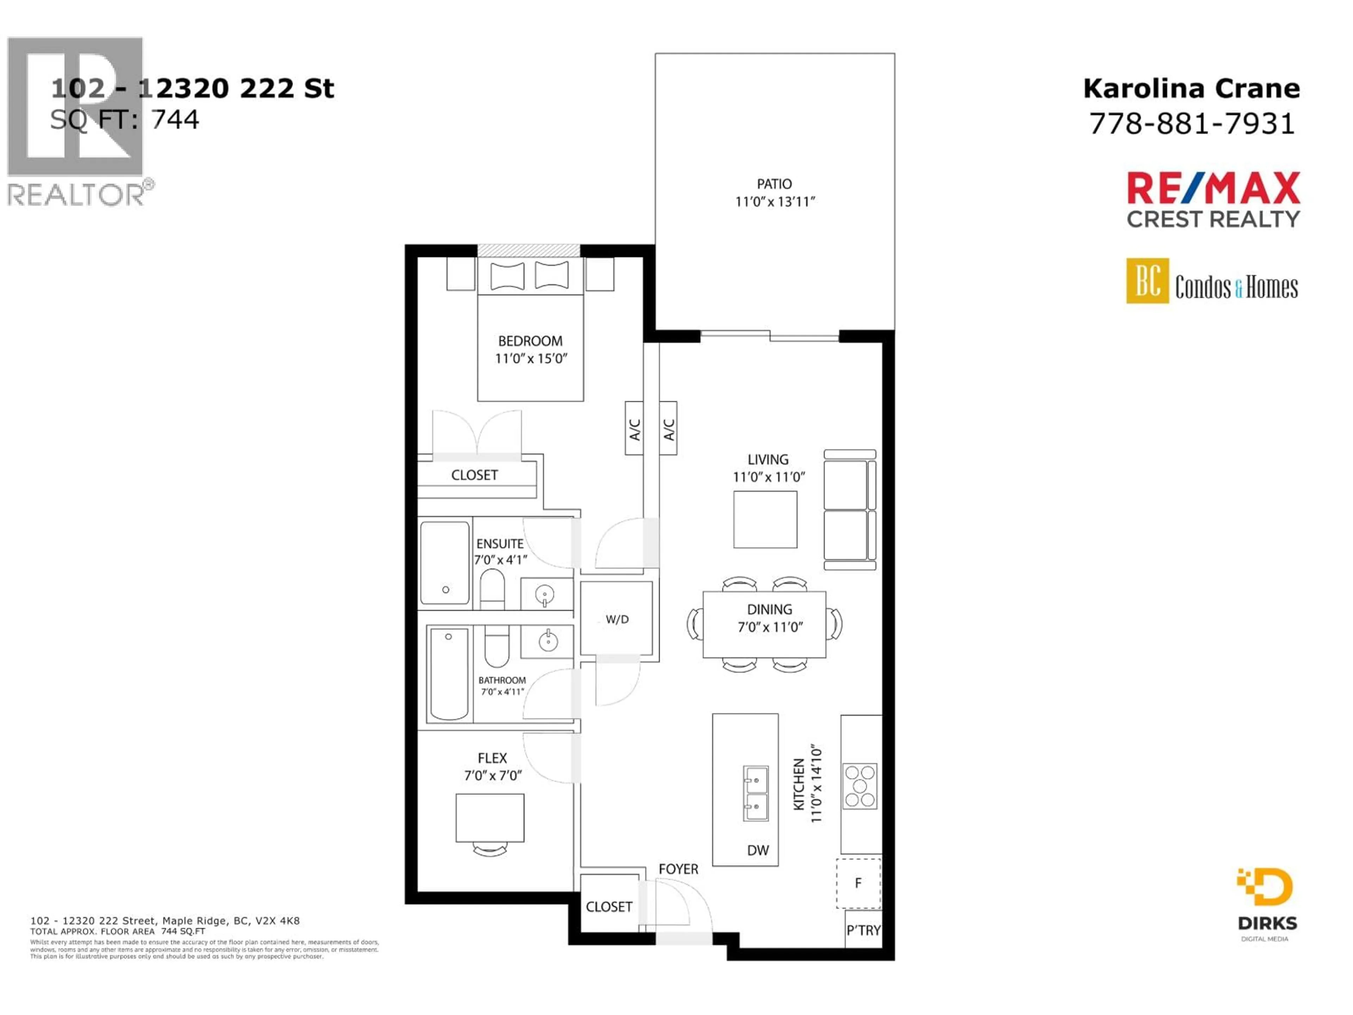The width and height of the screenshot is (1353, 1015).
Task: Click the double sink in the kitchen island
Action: [755, 793]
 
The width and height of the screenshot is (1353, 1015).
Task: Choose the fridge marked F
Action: [858, 883]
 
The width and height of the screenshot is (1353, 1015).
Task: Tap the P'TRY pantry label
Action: [863, 930]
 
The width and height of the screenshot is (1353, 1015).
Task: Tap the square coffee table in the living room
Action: [765, 519]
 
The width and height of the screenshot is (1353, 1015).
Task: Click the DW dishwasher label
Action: [758, 850]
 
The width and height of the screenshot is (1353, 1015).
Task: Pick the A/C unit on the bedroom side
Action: [634, 428]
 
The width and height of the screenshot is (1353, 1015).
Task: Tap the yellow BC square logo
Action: [1147, 281]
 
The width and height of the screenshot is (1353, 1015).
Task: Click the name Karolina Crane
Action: [1192, 89]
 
